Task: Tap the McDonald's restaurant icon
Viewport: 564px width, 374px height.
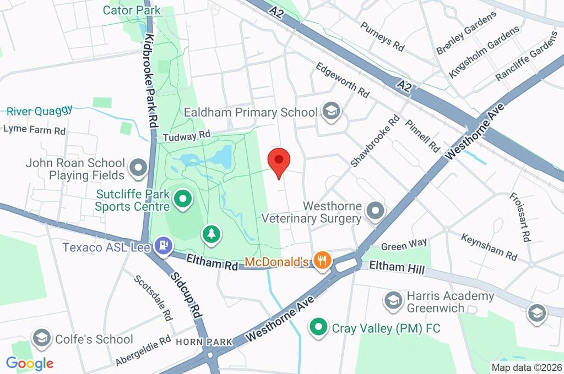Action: coord(322,260)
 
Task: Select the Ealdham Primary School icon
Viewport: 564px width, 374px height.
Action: coord(331,112)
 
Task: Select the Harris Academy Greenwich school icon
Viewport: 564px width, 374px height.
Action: coord(393,301)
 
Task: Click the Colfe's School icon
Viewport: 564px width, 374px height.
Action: coord(42,339)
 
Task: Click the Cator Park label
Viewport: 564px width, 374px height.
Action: coord(132,10)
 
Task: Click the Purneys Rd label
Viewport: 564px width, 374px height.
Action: coord(382,37)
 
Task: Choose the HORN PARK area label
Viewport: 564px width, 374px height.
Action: coord(204,342)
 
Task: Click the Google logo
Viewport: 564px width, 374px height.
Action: coord(30,363)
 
